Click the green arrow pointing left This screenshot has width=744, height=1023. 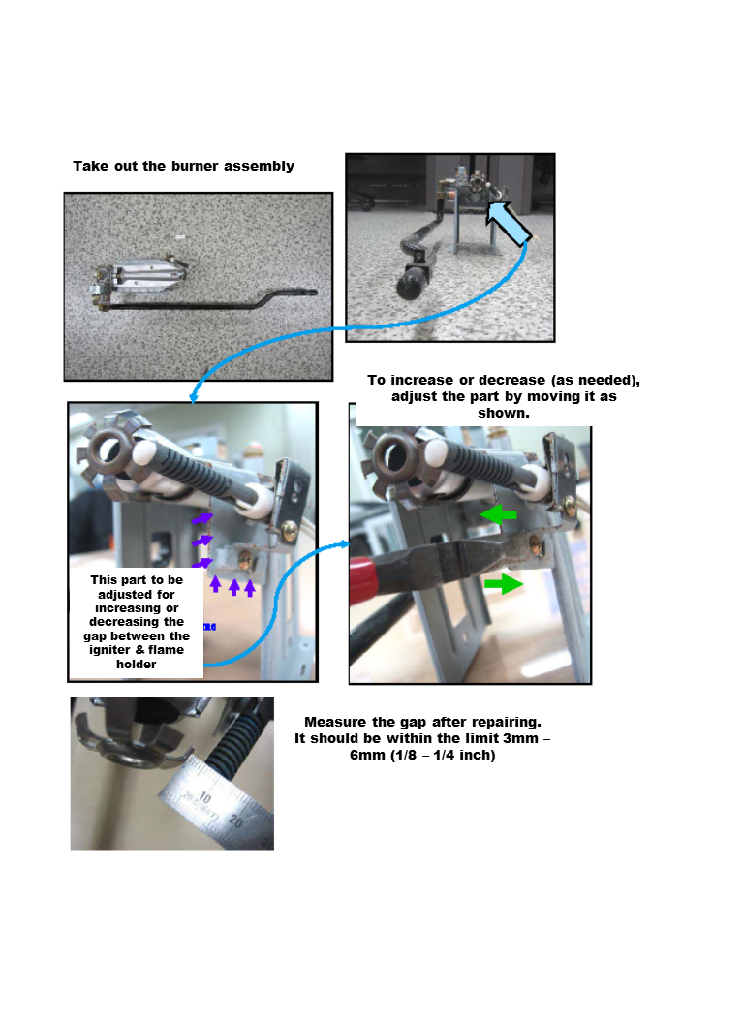pyautogui.click(x=499, y=514)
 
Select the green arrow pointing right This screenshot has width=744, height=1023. pyautogui.click(x=503, y=584)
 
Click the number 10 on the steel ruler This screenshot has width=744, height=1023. pyautogui.click(x=204, y=796)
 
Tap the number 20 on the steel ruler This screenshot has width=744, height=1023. pyautogui.click(x=235, y=821)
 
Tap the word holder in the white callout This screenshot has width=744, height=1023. pyautogui.click(x=136, y=665)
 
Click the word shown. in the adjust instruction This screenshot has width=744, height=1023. pyautogui.click(x=504, y=413)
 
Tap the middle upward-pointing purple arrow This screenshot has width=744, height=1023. pyautogui.click(x=233, y=586)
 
